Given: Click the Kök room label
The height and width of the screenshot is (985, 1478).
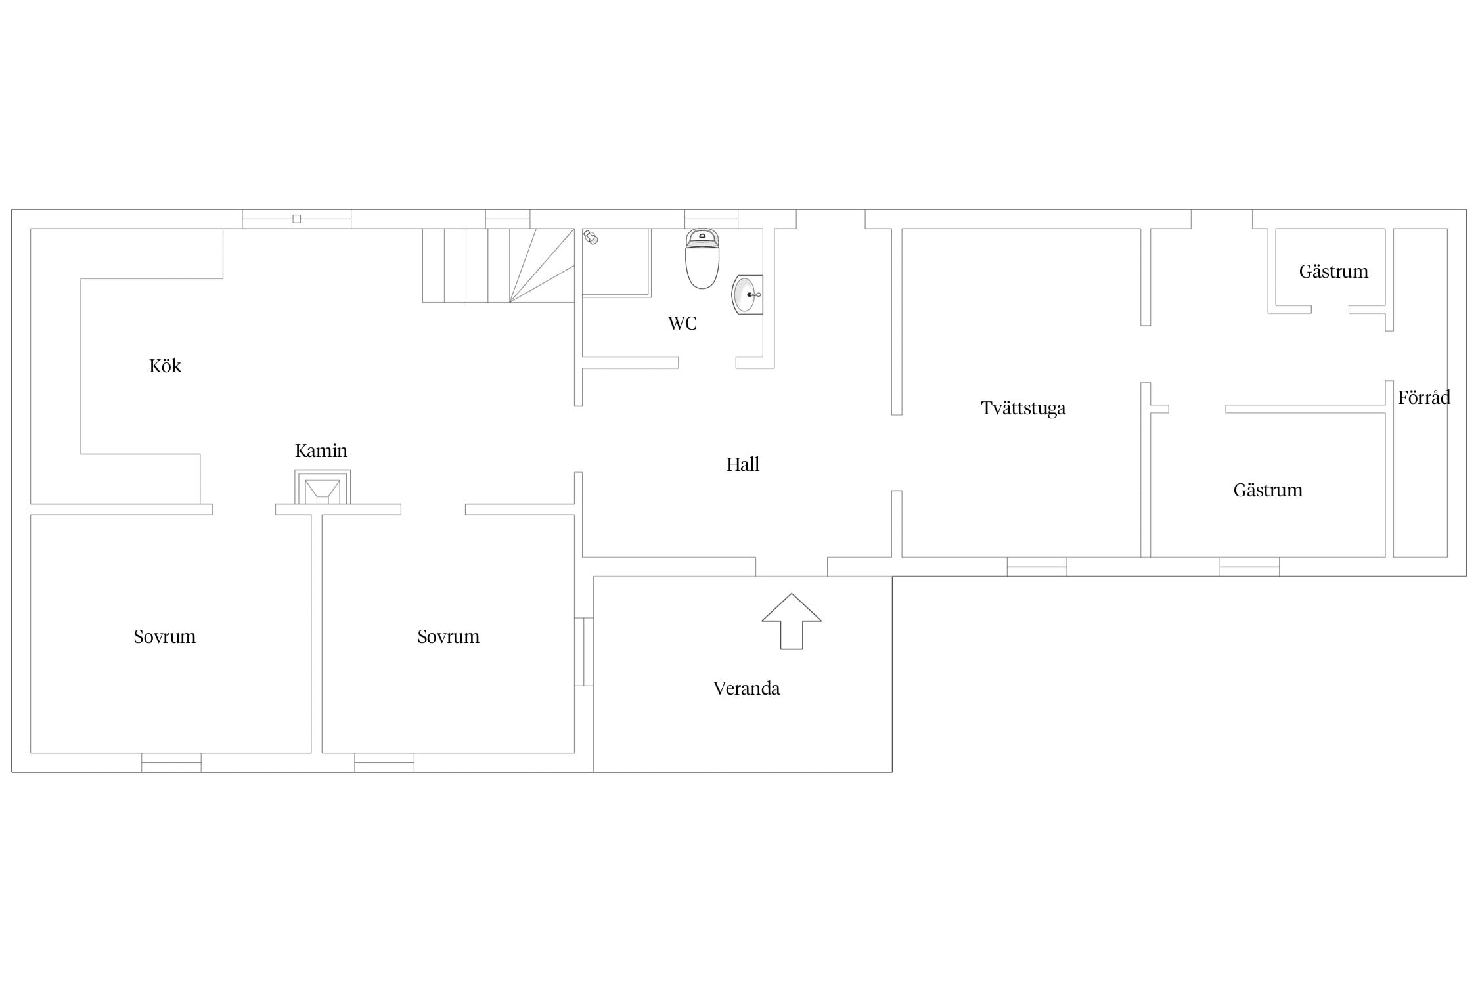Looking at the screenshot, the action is (165, 366).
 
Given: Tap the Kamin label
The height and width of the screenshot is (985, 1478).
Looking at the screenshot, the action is (321, 450).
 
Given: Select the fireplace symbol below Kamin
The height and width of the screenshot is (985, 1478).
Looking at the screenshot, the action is (323, 488).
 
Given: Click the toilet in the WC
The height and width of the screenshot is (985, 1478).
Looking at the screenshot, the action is (702, 259).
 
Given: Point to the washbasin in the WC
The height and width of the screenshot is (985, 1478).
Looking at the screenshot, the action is (747, 295).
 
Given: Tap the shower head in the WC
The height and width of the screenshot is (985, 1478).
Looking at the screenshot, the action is (591, 238).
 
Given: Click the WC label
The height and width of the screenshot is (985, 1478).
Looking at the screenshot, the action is (682, 323).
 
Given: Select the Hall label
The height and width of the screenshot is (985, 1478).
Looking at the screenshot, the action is (742, 465).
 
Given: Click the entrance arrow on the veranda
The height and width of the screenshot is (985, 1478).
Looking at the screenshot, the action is (792, 621).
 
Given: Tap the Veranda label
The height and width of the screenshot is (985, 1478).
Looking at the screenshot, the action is (746, 688).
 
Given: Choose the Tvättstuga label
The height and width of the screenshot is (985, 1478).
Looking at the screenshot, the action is (1023, 408).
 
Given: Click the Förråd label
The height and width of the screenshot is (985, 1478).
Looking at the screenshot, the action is (1423, 397).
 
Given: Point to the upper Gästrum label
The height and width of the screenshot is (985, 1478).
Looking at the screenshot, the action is (1333, 271).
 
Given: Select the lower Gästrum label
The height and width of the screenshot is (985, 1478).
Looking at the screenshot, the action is (1268, 490).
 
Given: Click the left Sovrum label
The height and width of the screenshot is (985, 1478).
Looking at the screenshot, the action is (165, 636).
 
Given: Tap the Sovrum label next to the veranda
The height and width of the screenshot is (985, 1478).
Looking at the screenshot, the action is (449, 636).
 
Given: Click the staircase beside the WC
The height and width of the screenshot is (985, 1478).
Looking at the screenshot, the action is (499, 265).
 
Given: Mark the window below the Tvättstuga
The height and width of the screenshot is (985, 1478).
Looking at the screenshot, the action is (1037, 567).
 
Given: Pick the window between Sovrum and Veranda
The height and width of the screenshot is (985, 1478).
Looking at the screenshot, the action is (584, 651).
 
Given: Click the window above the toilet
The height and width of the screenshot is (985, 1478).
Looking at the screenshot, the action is (711, 219).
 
